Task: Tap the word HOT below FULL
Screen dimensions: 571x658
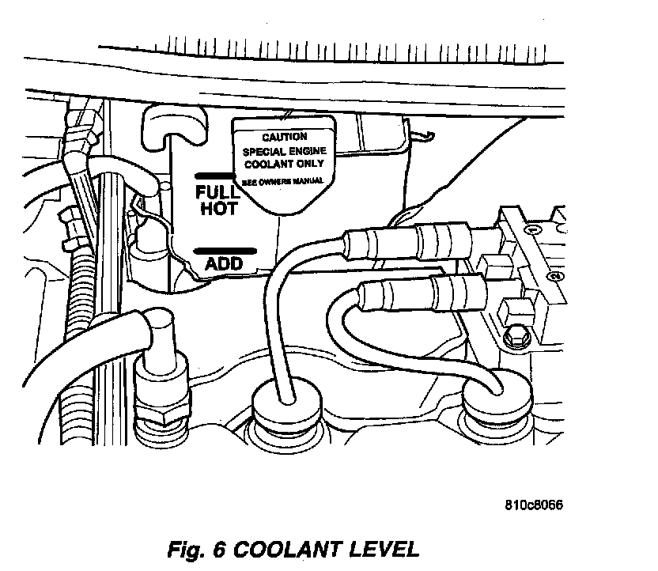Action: tap(218, 209)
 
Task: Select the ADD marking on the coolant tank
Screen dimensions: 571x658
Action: tap(223, 263)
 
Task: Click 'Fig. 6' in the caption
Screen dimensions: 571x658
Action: tap(196, 548)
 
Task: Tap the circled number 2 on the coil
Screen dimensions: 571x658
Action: tap(555, 276)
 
